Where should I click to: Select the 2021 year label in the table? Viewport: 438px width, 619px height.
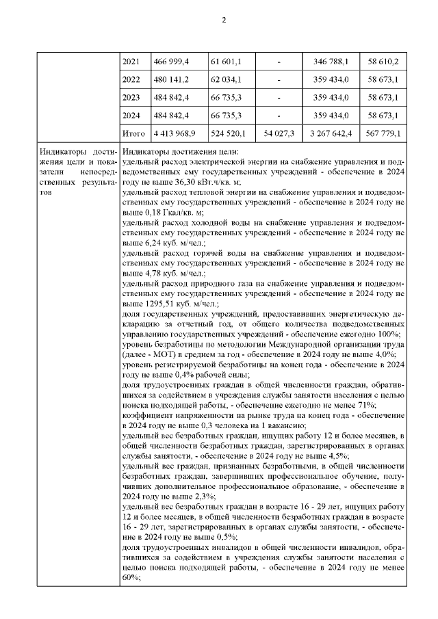click(x=130, y=62)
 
